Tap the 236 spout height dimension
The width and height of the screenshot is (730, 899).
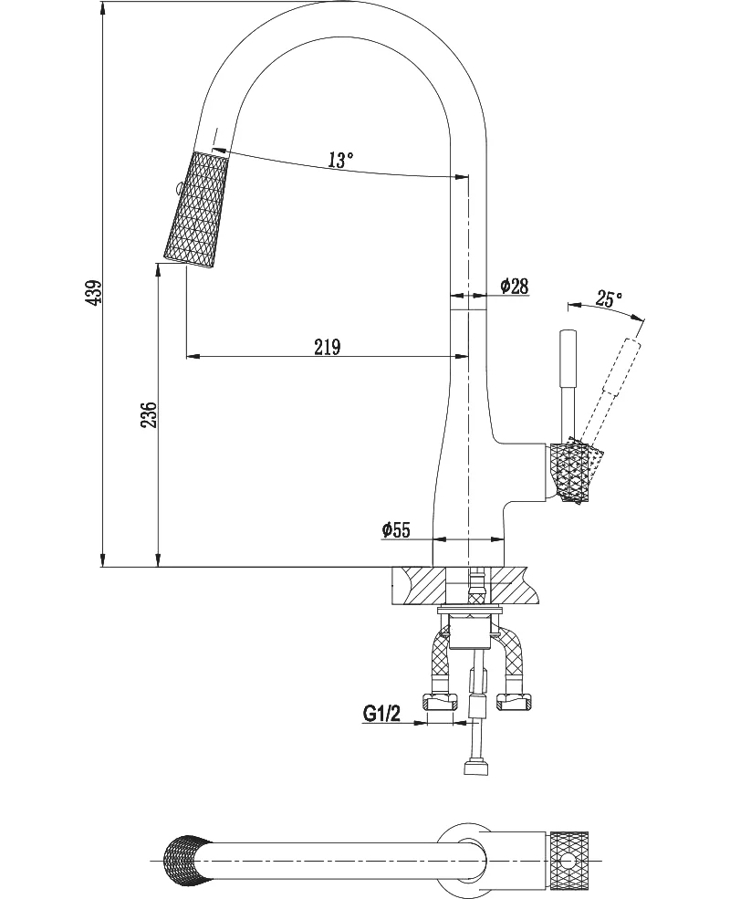(x=149, y=414)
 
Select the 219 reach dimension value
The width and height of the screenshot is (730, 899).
(x=328, y=346)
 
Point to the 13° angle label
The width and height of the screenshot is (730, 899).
(x=340, y=160)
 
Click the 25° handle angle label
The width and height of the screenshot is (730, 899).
(x=609, y=298)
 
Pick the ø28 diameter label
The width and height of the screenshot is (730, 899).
(x=514, y=286)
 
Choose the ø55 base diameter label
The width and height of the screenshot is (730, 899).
(x=396, y=529)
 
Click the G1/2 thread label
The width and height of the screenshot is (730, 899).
(x=381, y=713)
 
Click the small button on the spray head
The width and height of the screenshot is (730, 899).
(x=178, y=186)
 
